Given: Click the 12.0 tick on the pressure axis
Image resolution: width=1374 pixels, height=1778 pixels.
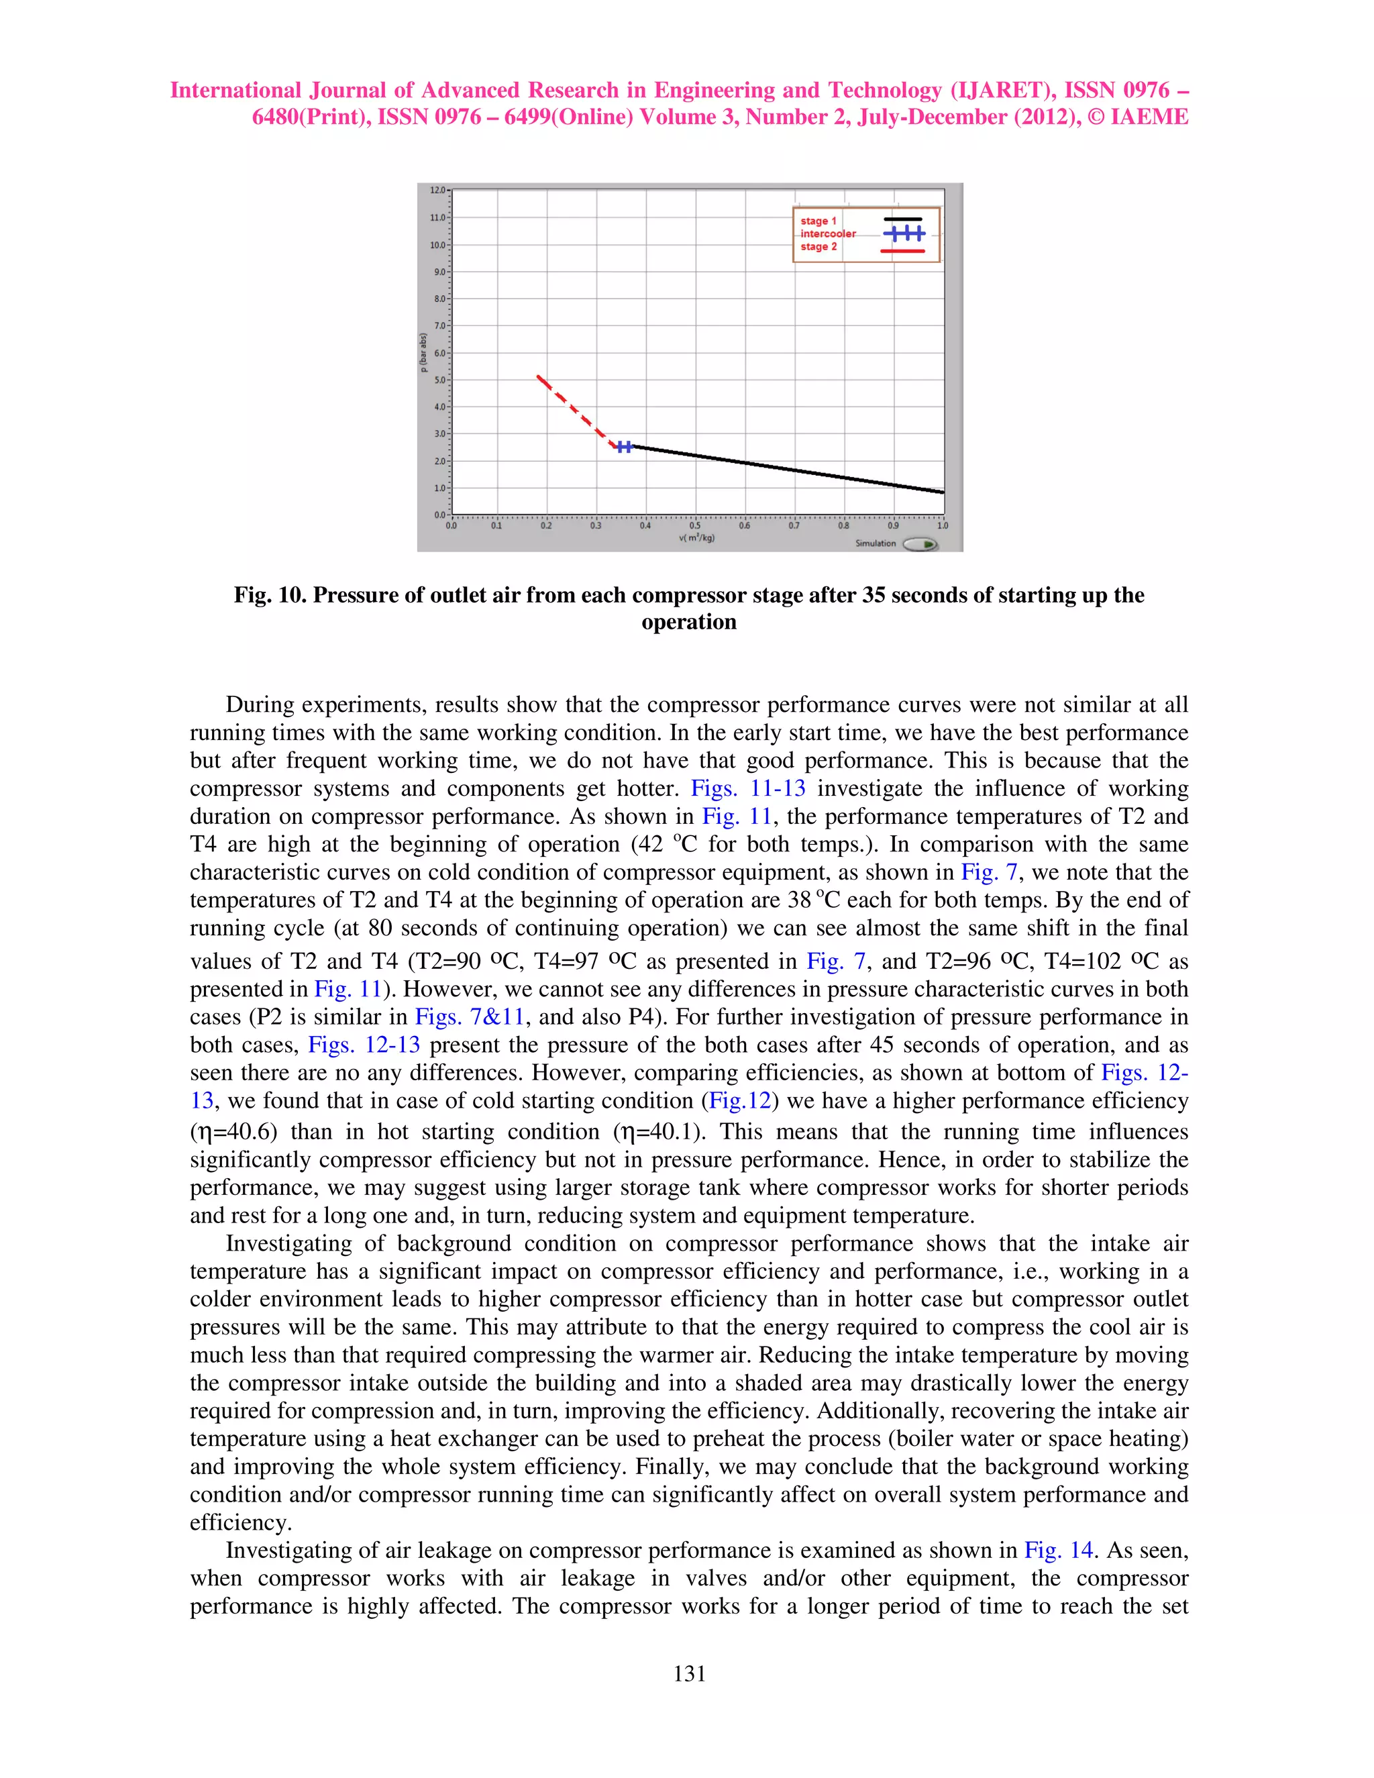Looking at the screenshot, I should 439,191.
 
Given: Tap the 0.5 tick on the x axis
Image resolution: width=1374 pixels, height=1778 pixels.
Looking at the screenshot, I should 694,526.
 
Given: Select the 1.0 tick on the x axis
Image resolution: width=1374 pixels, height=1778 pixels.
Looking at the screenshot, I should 943,526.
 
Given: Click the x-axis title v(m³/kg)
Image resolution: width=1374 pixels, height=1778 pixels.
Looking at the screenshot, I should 697,538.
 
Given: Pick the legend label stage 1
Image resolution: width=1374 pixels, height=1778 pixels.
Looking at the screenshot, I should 818,221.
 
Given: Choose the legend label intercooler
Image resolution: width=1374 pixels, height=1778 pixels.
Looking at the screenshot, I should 828,233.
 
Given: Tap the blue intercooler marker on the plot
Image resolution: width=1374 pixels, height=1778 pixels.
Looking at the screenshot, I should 625,446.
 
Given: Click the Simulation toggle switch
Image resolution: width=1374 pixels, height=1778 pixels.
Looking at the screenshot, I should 920,544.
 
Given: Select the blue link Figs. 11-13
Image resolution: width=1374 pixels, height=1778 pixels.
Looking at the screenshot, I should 747,788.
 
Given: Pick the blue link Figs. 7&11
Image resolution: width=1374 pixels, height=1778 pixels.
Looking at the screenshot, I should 470,1016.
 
